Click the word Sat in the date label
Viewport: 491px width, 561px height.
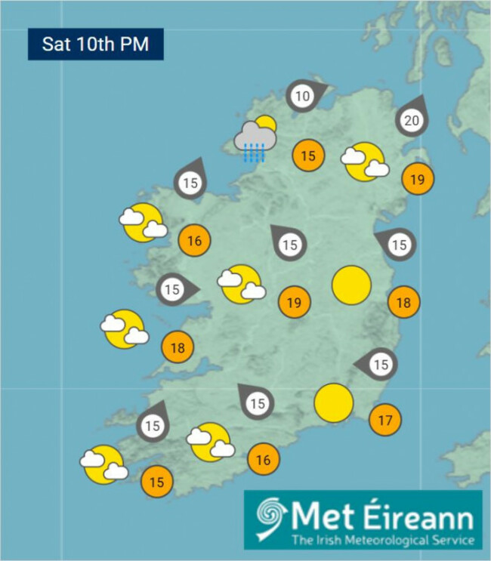click(56, 44)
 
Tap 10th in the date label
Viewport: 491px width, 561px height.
click(95, 44)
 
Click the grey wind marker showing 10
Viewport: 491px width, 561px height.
click(303, 97)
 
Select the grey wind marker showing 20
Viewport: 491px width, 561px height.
click(412, 121)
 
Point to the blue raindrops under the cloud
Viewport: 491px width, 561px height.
click(253, 155)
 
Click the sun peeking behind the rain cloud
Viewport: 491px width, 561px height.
click(266, 124)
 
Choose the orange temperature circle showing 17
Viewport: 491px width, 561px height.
click(385, 420)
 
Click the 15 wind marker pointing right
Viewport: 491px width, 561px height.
click(173, 289)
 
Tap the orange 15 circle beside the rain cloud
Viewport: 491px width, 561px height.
click(308, 156)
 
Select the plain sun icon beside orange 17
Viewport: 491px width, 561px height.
click(334, 403)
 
